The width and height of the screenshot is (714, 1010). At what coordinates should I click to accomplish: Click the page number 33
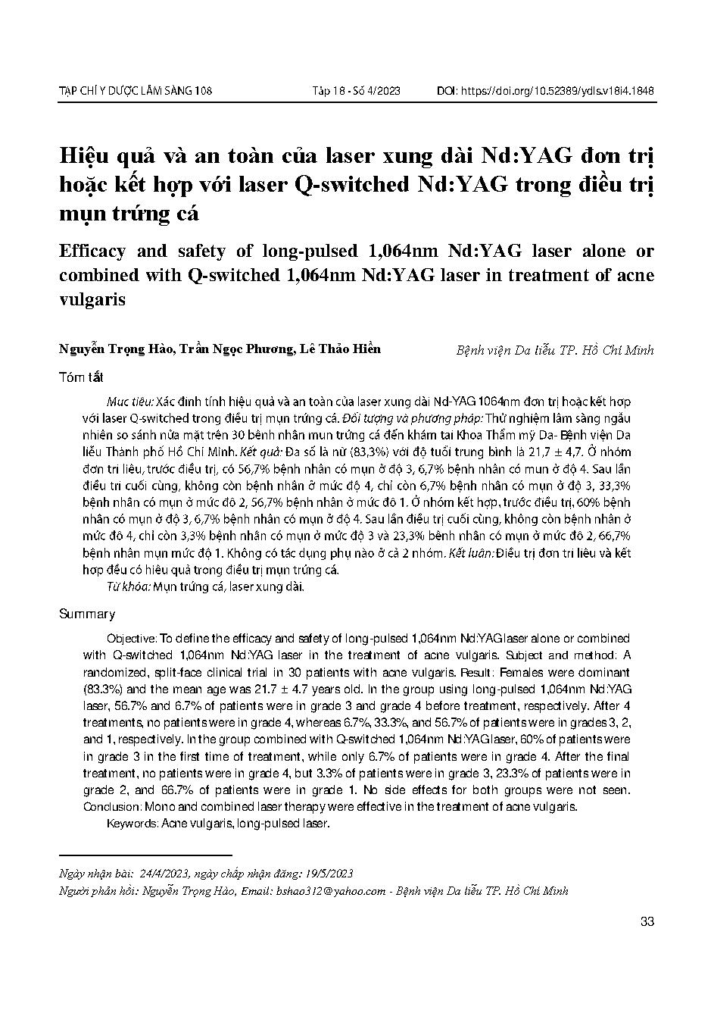click(x=647, y=922)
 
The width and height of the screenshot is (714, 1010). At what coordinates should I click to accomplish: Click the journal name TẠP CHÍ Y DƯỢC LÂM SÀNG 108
click(x=136, y=92)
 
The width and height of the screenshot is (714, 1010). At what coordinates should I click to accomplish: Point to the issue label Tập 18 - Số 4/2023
click(x=356, y=92)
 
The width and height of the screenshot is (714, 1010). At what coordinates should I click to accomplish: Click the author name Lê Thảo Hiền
click(x=340, y=349)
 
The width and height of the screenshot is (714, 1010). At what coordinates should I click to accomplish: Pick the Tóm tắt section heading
click(x=81, y=377)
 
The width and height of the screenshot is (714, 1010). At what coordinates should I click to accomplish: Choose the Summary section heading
click(x=87, y=614)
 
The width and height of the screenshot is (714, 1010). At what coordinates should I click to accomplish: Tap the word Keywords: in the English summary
click(x=132, y=823)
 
